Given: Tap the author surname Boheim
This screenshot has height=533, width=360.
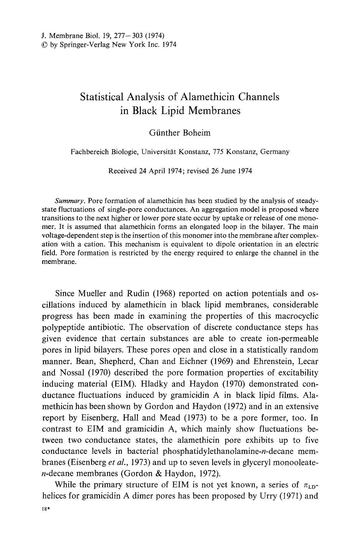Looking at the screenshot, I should [195, 133].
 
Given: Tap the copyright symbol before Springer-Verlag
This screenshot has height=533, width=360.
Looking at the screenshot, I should [44, 44].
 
